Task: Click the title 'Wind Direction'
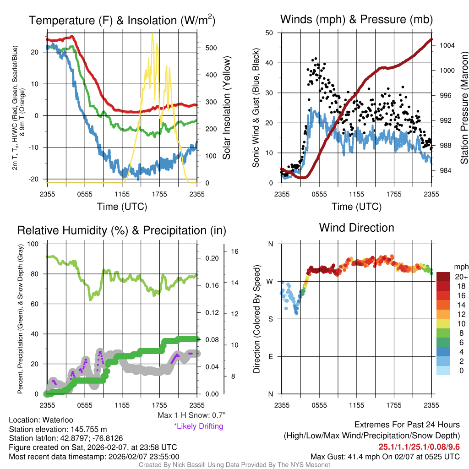pyautogui.click(x=356, y=228)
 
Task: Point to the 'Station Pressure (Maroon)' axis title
pyautogui.click(x=464, y=108)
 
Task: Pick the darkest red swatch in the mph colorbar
pyautogui.click(x=444, y=277)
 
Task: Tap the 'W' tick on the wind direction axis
pyautogui.click(x=271, y=281)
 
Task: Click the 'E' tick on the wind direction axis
pyautogui.click(x=271, y=356)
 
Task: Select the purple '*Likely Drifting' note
pyautogui.click(x=198, y=426)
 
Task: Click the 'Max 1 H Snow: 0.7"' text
pyautogui.click(x=191, y=415)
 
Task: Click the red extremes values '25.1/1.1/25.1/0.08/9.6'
pyautogui.click(x=419, y=447)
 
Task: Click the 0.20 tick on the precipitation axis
pyautogui.click(x=212, y=258)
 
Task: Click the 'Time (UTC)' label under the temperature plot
pyautogui.click(x=122, y=207)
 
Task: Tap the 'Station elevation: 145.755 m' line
pyautogui.click(x=58, y=429)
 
